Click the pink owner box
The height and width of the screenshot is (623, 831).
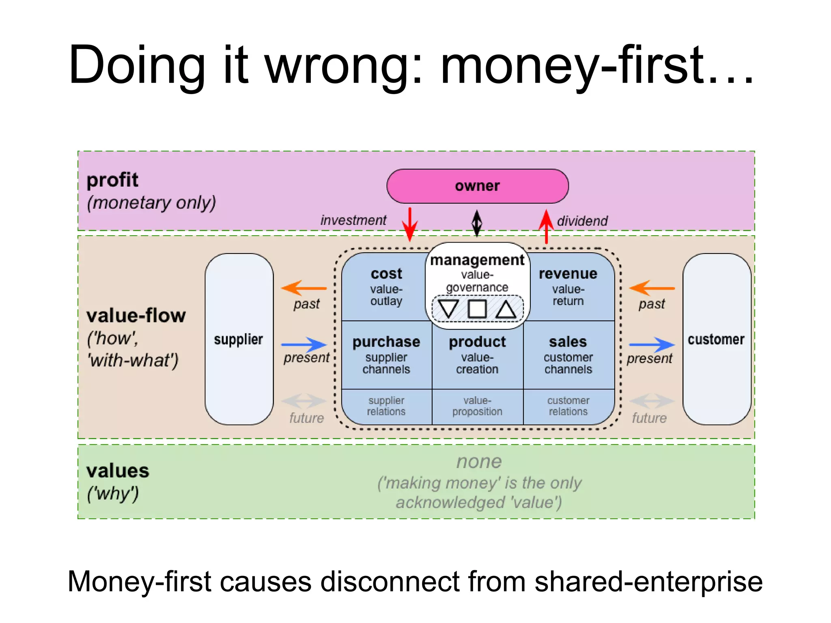pyautogui.click(x=477, y=186)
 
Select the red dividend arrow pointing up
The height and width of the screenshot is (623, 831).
pyautogui.click(x=546, y=226)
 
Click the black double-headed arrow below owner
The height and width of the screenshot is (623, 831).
pyautogui.click(x=477, y=223)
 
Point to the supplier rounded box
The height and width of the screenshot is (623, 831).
pyautogui.click(x=239, y=339)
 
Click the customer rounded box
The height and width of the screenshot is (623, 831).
pyautogui.click(x=716, y=339)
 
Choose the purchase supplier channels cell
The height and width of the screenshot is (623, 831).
pyautogui.click(x=386, y=355)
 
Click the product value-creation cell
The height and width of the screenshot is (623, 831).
pyautogui.click(x=477, y=355)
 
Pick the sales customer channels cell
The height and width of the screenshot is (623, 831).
pyautogui.click(x=568, y=355)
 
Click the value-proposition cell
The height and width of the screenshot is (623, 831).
pyautogui.click(x=477, y=406)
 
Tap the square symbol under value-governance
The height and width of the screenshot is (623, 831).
pyautogui.click(x=477, y=309)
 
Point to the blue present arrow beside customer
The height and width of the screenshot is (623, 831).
pyautogui.click(x=652, y=345)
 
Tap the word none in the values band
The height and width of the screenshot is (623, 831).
pyautogui.click(x=479, y=462)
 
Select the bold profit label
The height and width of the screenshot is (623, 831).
pyautogui.click(x=112, y=180)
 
